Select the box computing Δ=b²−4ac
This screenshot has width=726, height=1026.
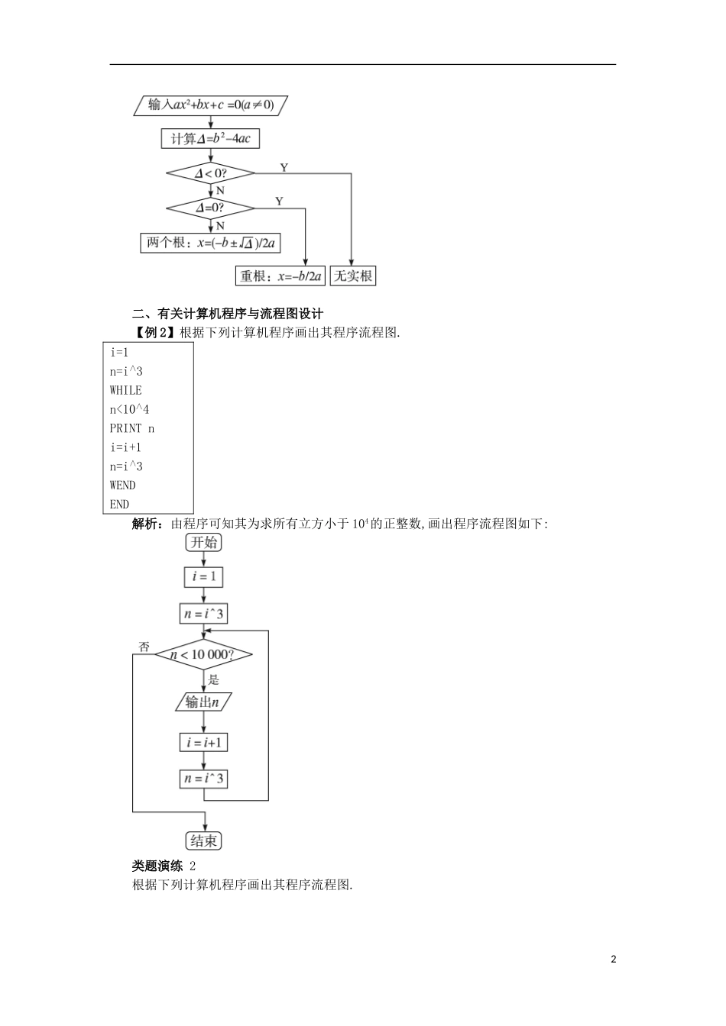pyautogui.click(x=211, y=138)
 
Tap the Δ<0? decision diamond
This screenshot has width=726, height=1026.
pyautogui.click(x=211, y=173)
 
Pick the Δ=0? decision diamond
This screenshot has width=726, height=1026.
pyautogui.click(x=211, y=208)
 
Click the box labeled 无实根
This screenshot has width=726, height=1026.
pyautogui.click(x=353, y=276)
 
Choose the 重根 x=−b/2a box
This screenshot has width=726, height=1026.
pyautogui.click(x=281, y=276)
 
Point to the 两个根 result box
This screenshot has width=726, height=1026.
pyautogui.click(x=211, y=243)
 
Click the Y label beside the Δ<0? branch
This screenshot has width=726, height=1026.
pyautogui.click(x=284, y=167)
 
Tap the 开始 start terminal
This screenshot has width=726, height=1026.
pyautogui.click(x=204, y=542)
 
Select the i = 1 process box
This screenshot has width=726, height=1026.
pyautogui.click(x=204, y=576)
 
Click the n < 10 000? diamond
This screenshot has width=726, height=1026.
pyautogui.click(x=203, y=654)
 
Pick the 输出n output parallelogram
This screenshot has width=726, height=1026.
pyautogui.click(x=203, y=702)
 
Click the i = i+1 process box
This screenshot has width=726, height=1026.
pyautogui.click(x=204, y=742)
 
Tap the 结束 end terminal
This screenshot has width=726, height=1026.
pyautogui.click(x=204, y=840)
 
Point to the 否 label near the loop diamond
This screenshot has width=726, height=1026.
pyautogui.click(x=144, y=646)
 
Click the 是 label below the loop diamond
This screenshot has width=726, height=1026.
pyautogui.click(x=214, y=679)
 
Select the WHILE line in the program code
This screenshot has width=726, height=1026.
pyautogui.click(x=125, y=390)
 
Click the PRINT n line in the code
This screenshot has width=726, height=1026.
pyautogui.click(x=132, y=428)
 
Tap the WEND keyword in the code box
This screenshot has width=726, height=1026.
pyautogui.click(x=122, y=486)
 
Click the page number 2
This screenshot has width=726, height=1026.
pyautogui.click(x=613, y=959)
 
